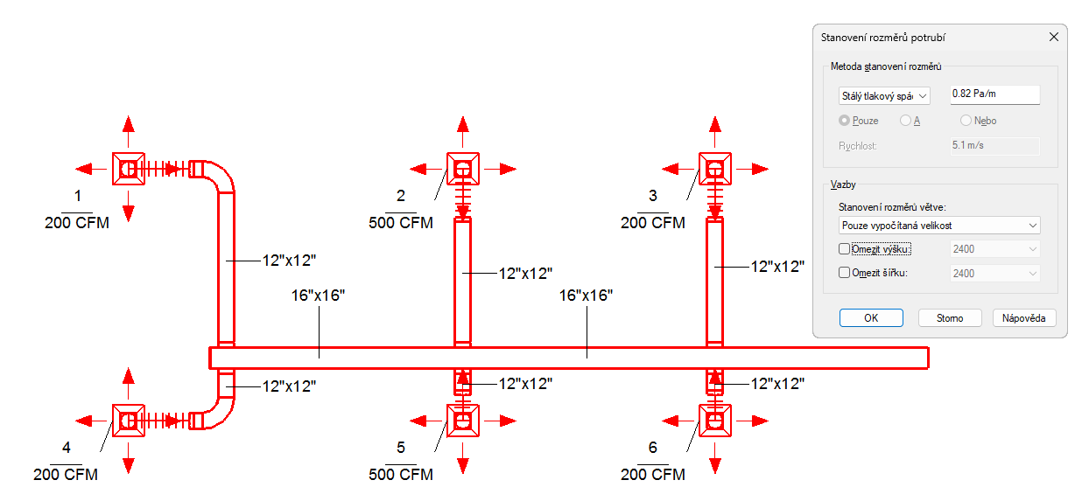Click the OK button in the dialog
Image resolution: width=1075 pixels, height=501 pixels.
point(871,318)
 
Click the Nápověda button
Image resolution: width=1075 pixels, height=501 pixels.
point(1023,318)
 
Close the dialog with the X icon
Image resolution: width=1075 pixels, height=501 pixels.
point(1054,37)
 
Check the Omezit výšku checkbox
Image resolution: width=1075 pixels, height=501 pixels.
point(844,249)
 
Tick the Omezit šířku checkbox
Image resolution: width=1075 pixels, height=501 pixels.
point(844,273)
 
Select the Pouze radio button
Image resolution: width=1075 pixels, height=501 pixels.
point(844,121)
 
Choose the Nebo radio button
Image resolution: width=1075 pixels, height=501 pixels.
point(966,121)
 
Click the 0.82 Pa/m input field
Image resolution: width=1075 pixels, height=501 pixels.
point(994,94)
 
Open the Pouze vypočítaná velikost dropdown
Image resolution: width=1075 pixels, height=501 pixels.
point(939,226)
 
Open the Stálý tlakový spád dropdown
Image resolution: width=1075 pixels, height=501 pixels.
point(884,96)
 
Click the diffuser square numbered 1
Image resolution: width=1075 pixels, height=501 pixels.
point(128,169)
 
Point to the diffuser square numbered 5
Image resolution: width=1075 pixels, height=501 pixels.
point(462,421)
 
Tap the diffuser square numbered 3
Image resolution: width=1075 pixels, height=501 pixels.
point(715,169)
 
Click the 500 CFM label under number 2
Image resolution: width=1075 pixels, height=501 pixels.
point(401,223)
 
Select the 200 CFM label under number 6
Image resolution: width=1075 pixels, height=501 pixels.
point(653,475)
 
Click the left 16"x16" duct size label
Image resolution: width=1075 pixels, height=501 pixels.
point(318,296)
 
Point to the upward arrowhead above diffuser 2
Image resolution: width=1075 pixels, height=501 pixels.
point(462,124)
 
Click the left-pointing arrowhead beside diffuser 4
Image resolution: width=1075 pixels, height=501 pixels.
point(84,421)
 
